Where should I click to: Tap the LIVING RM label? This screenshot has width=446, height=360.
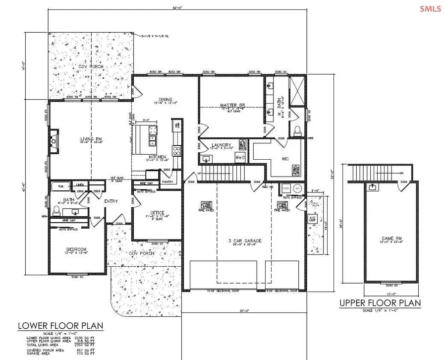tap(90, 139)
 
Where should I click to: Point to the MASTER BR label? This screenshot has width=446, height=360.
tap(230, 105)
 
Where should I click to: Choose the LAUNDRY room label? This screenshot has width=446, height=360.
tap(222, 145)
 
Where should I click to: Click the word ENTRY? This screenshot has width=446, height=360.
tap(111, 201)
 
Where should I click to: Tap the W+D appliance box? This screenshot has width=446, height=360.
tap(240, 158)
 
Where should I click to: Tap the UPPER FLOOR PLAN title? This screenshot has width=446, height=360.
tap(380, 303)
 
